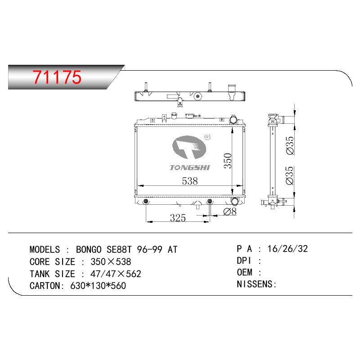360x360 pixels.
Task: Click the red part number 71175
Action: [x=57, y=77]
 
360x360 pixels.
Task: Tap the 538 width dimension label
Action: [x=189, y=181]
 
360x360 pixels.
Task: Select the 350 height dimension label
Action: [x=228, y=161]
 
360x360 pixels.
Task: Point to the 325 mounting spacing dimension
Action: [x=178, y=218]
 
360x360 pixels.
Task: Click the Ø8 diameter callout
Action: [x=230, y=211]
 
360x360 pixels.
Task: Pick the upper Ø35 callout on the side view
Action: [x=290, y=145]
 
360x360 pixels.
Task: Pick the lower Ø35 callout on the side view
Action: [x=290, y=175]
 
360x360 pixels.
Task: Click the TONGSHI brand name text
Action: [x=189, y=167]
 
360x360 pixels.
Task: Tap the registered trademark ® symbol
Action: [x=207, y=137]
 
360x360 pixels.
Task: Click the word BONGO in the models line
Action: [x=89, y=249]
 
